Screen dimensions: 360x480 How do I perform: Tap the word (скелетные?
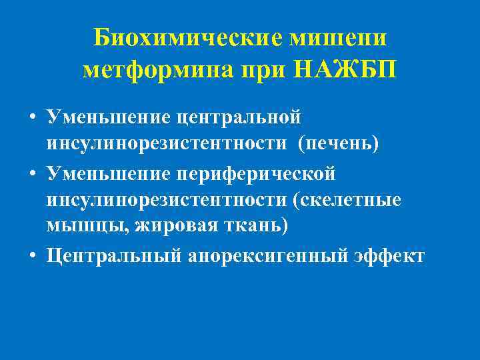coord(351,200)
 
